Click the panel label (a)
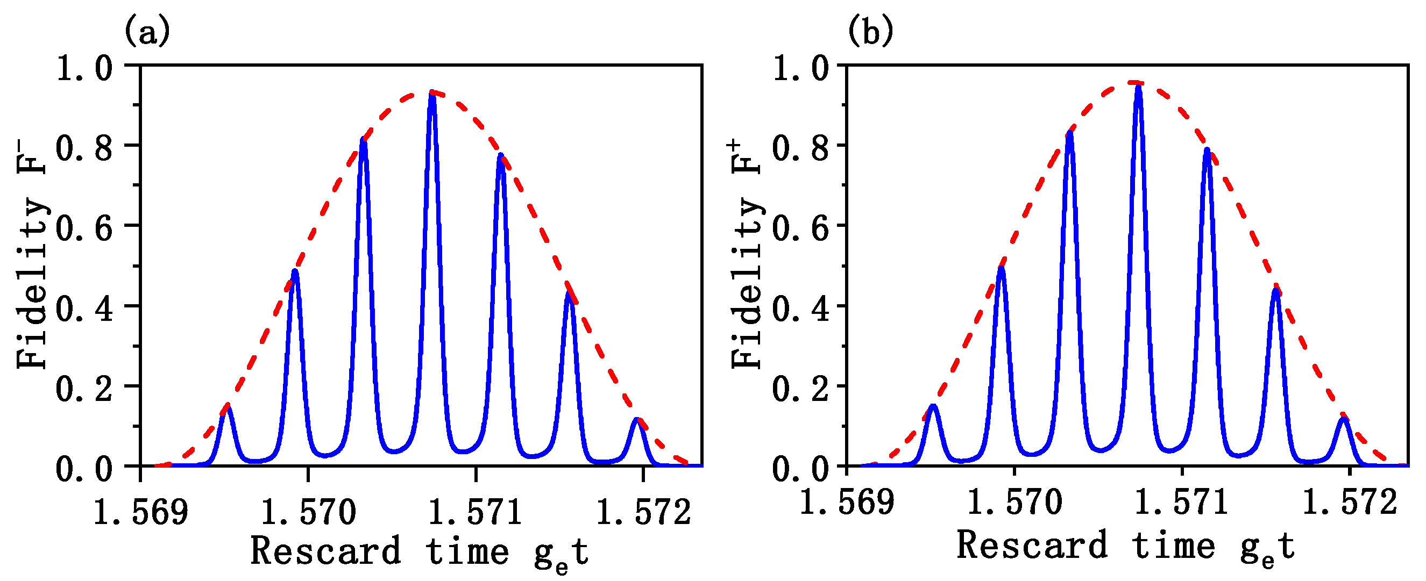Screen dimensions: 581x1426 click(x=147, y=32)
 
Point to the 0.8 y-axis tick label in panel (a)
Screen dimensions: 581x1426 click(x=84, y=148)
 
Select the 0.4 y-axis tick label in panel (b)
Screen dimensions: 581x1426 click(x=800, y=309)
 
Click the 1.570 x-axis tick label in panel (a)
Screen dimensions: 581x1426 click(x=308, y=512)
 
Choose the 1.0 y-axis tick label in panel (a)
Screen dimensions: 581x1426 click(x=84, y=69)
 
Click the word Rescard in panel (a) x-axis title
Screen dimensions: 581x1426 click(x=325, y=551)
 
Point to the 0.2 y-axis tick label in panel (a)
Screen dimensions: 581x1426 click(x=84, y=389)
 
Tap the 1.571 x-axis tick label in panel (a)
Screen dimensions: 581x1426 click(x=475, y=512)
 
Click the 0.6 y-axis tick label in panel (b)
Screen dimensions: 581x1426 click(x=800, y=228)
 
